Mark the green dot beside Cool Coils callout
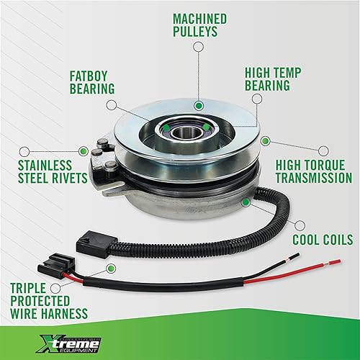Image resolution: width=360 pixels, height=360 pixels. tap(246, 204)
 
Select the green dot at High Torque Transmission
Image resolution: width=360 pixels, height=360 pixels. tap(266, 141)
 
